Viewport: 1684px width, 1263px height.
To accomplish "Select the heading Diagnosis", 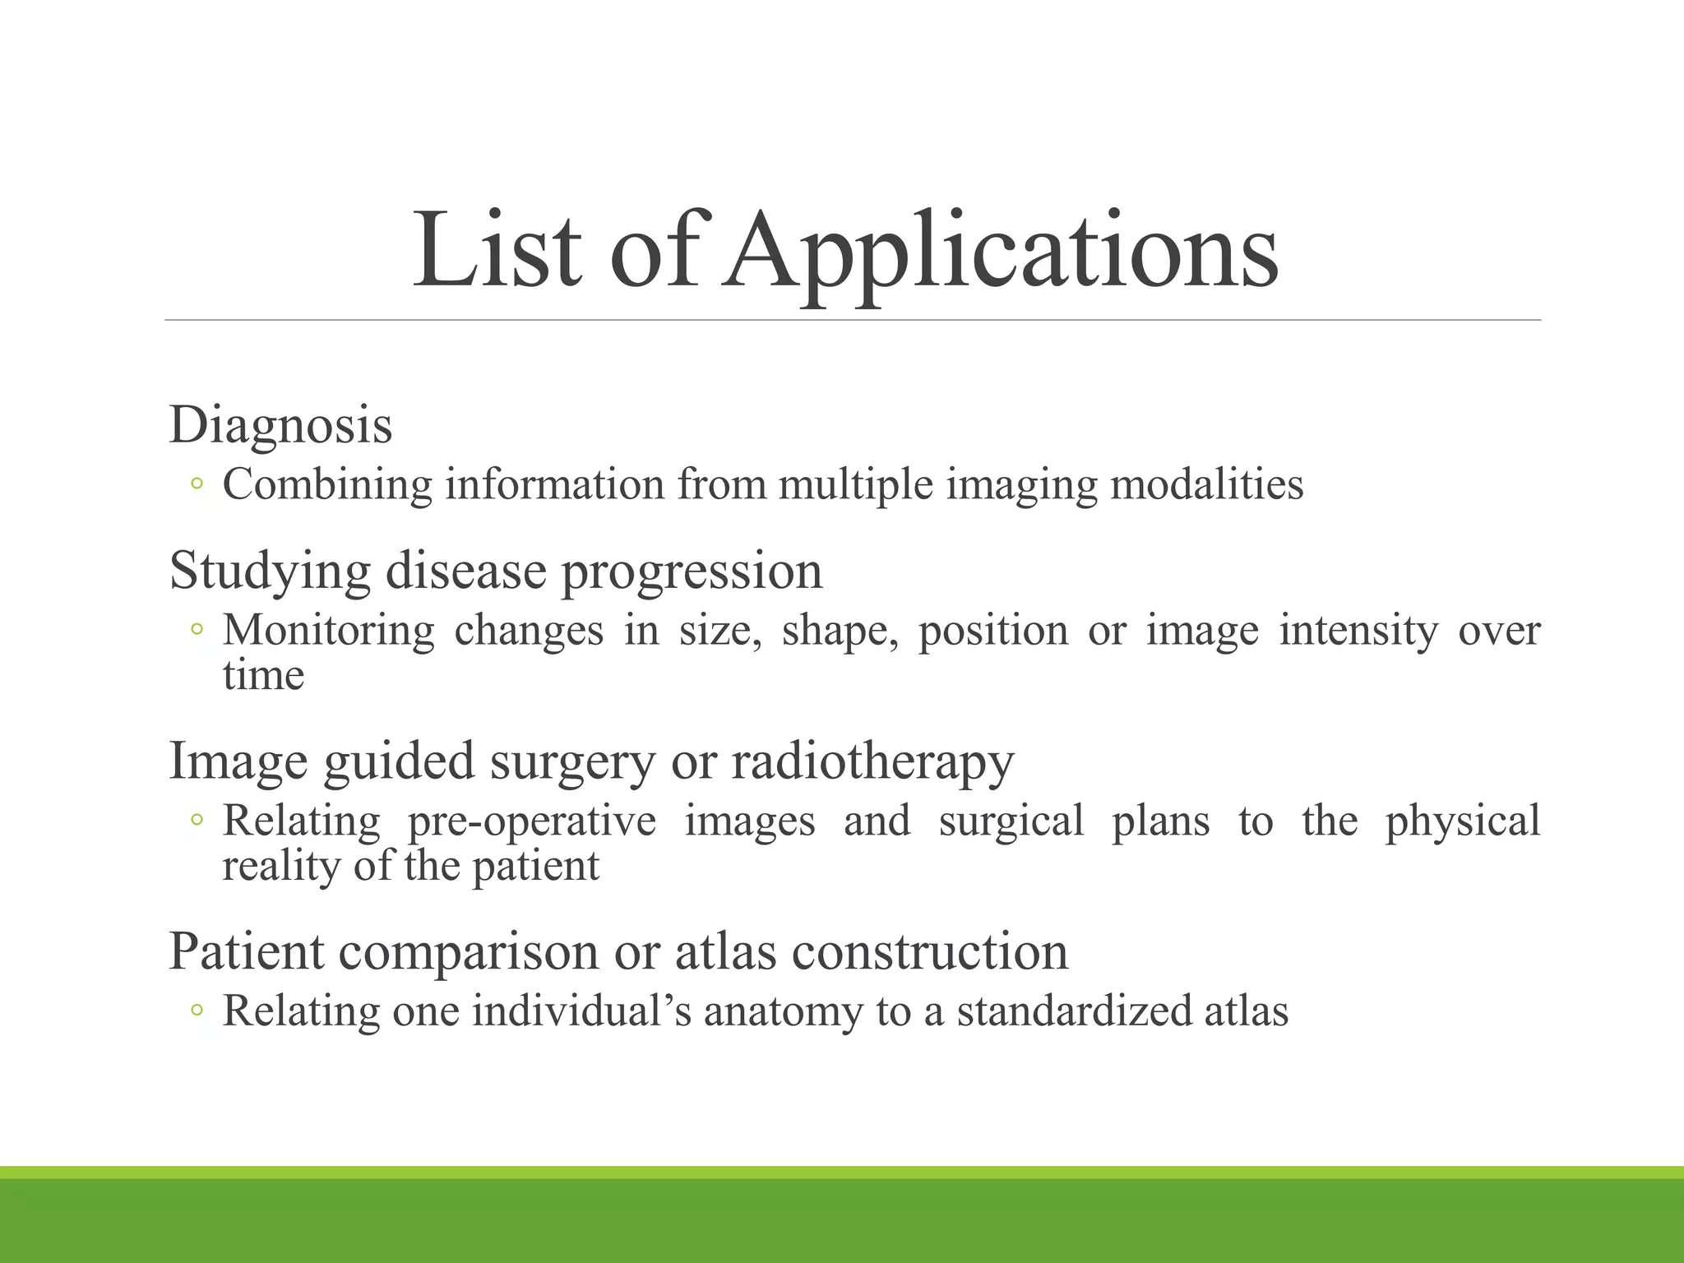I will pos(280,426).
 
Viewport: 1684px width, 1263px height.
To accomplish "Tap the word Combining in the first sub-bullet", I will pos(327,484).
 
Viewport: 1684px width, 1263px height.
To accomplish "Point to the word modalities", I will pos(1206,484).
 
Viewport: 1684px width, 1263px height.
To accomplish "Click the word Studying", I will pos(270,571).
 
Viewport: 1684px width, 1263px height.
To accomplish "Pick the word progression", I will pos(692,571).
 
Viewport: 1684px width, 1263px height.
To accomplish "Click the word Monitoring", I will pos(328,631).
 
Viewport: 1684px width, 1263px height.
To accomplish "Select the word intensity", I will pos(1358,631).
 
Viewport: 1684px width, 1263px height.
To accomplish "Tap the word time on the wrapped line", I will pos(263,676).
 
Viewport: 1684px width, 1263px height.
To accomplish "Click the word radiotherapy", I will pos(872,761).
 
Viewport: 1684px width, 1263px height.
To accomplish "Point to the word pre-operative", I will pos(532,821).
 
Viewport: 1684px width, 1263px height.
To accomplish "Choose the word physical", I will pos(1462,821).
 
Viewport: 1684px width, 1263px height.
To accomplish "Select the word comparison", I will pos(468,952).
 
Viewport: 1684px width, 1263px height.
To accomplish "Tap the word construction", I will pos(929,952).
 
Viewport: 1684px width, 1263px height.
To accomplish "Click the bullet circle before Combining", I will pos(196,484).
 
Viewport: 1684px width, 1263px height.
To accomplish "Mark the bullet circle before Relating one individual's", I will pos(196,1011).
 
